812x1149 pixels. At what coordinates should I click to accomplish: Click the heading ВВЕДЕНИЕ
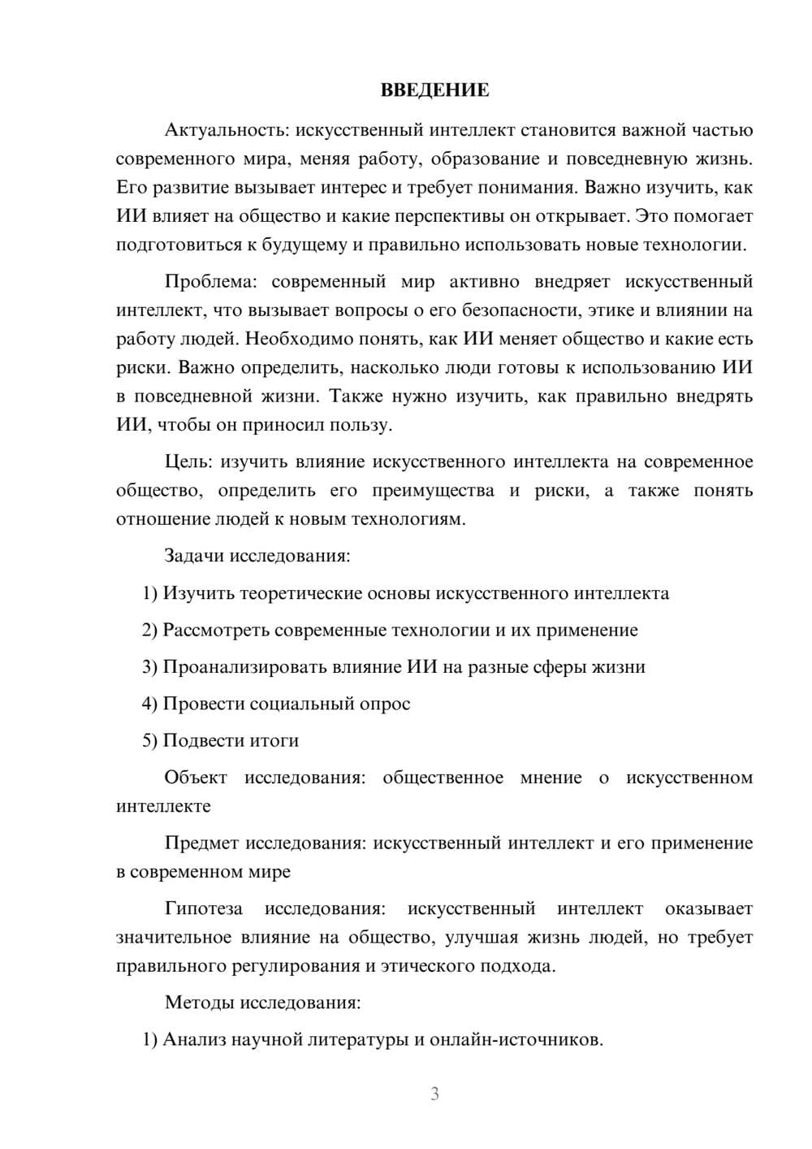point(434,90)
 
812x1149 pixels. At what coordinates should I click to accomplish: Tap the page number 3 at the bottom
point(434,1094)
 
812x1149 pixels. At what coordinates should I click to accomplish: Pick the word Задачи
point(194,557)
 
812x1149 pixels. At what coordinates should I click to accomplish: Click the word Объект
point(196,778)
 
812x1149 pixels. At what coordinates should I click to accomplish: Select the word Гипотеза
point(203,908)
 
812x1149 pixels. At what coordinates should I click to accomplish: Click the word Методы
point(199,1003)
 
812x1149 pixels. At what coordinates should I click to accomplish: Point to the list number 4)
point(149,704)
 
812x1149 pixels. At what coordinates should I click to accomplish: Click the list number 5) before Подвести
point(149,741)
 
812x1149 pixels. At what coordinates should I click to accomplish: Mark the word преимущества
point(433,491)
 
